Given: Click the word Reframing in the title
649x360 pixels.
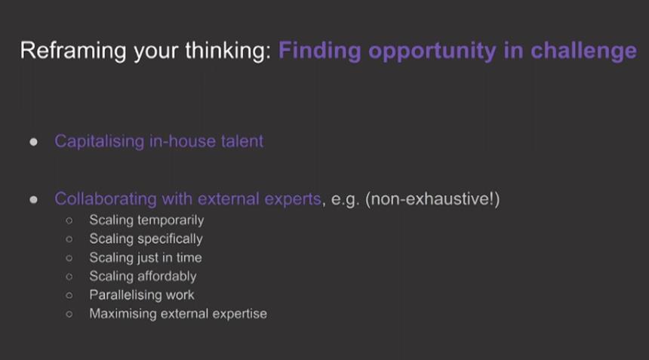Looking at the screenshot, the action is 73,51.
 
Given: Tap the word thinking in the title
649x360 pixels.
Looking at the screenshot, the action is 228,51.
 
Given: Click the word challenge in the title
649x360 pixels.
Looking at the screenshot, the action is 583,51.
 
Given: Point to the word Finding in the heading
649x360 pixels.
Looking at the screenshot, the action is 319,51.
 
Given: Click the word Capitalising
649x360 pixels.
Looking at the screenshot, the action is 100,142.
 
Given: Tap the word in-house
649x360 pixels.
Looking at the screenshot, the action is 183,141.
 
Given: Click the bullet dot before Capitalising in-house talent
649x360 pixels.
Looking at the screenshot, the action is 33,143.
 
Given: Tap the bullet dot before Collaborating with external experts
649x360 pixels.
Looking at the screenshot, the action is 33,200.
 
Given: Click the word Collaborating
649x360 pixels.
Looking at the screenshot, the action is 106,199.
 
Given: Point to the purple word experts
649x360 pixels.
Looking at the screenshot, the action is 293,199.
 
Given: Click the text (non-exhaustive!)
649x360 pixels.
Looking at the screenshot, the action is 432,199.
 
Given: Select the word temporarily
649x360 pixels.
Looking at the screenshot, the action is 175,220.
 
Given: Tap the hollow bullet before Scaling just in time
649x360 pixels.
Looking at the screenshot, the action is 69,258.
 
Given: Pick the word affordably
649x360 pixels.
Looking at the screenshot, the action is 171,276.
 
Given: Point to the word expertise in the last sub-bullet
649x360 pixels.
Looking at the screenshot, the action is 240,314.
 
